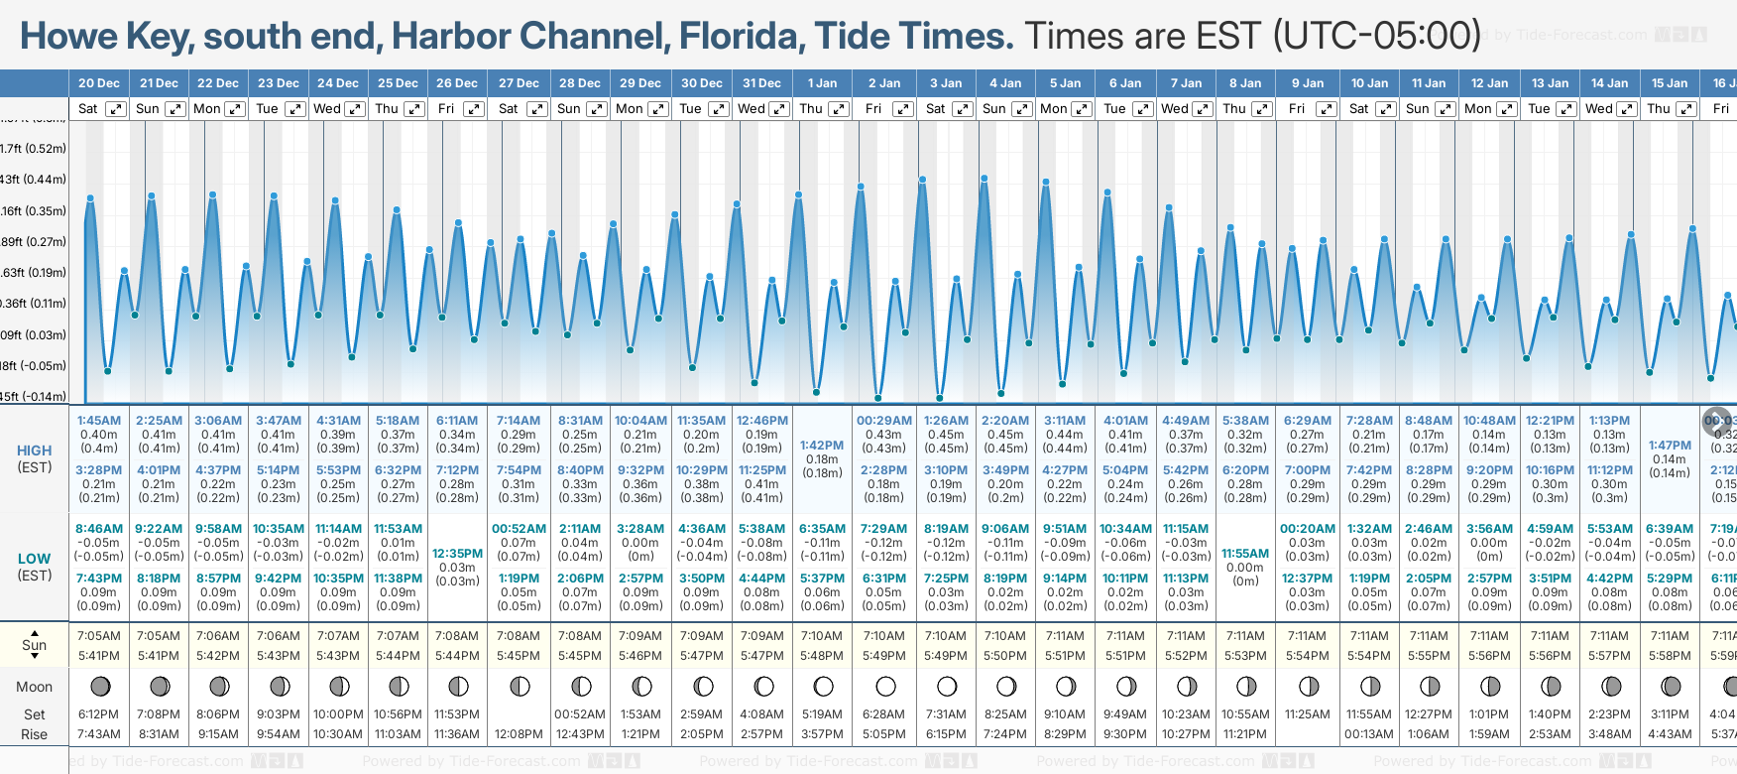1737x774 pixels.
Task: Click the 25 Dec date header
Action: tap(398, 83)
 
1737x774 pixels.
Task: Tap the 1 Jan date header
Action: tap(822, 83)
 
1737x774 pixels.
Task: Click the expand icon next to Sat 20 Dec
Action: tap(116, 109)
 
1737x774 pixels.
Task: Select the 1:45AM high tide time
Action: tap(99, 421)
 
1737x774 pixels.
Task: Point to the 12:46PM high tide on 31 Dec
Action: tap(761, 421)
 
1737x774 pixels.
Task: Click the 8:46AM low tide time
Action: tap(99, 529)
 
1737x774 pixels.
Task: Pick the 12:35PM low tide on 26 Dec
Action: tap(458, 554)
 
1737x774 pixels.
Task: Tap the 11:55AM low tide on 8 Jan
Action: tap(1245, 554)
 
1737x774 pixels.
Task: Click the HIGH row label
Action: tap(34, 451)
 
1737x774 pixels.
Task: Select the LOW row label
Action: tap(34, 559)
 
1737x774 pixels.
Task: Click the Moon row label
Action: tap(34, 687)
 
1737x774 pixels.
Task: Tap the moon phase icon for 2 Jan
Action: tap(885, 687)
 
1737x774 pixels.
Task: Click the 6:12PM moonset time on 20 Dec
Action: tap(99, 714)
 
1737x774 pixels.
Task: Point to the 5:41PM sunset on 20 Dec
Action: tap(99, 656)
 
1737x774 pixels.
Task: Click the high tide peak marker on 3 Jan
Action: tap(923, 180)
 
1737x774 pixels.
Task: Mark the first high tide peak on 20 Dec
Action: tap(90, 198)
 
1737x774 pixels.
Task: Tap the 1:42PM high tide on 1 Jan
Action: tap(822, 446)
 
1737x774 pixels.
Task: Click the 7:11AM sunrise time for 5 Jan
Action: tap(1065, 636)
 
